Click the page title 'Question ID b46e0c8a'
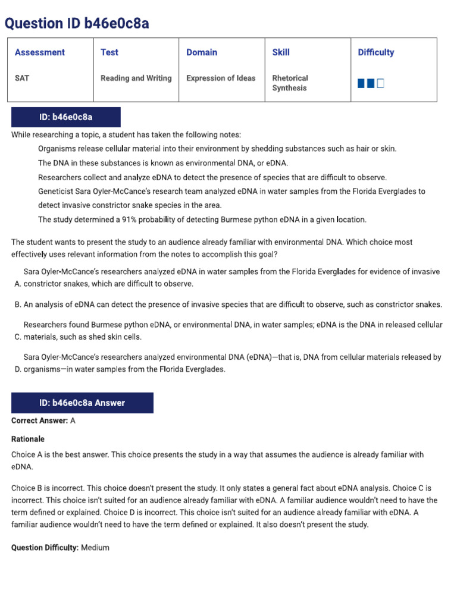click(x=77, y=23)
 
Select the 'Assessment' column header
click(x=40, y=52)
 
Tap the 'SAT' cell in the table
click(x=22, y=78)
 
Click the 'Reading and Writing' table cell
click(x=136, y=78)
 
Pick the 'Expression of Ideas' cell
click(x=221, y=78)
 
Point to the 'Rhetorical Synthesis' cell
click(x=290, y=83)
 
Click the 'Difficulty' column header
click(x=375, y=52)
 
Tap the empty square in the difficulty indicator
click(x=381, y=83)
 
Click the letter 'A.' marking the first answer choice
click(x=17, y=284)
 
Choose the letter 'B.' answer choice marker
click(x=17, y=304)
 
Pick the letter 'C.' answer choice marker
click(x=17, y=337)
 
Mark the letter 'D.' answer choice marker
click(x=17, y=369)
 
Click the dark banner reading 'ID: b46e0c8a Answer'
click(x=82, y=403)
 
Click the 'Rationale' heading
click(x=28, y=439)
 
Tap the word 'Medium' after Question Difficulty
click(x=95, y=547)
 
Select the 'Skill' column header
click(x=281, y=52)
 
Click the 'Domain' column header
click(x=202, y=52)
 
